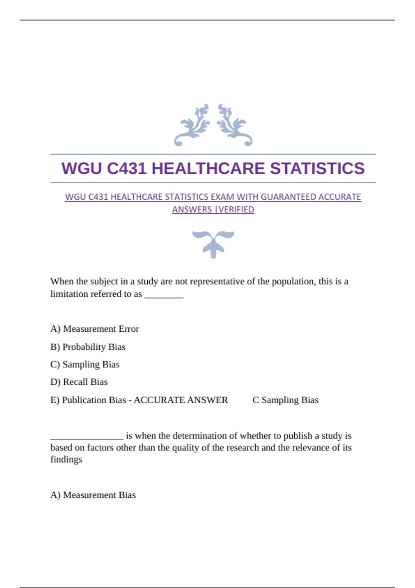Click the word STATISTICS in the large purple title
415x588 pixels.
coord(317,168)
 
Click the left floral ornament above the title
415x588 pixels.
coord(192,125)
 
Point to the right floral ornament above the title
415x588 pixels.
coord(234,125)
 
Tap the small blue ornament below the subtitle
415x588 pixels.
coord(213,244)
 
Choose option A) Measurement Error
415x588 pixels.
coord(94,329)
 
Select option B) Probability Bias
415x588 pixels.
coord(88,347)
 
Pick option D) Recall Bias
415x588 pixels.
coord(79,382)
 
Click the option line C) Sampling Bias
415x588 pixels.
coord(85,364)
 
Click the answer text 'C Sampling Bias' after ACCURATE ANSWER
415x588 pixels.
coord(285,400)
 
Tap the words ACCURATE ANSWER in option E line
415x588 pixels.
coord(181,400)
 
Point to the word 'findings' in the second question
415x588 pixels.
coord(66,459)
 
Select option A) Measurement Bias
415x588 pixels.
coord(93,495)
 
